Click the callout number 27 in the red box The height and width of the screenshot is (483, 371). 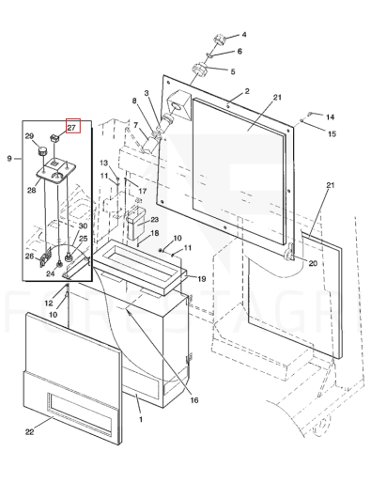[71, 128]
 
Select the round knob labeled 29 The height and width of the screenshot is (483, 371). [42, 151]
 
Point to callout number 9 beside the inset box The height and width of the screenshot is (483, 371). [9, 159]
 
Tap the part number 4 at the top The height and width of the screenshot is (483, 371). [244, 35]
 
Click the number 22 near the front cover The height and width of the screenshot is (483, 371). [29, 431]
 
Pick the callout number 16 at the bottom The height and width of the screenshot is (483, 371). [194, 400]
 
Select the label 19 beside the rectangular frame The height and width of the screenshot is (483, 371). [202, 278]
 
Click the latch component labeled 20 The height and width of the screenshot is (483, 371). [289, 253]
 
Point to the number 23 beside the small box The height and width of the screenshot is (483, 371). [155, 220]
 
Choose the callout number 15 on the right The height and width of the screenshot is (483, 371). [332, 133]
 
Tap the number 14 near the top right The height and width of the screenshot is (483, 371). [330, 117]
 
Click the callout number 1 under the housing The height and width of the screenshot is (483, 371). [141, 419]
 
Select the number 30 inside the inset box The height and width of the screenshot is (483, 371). [83, 226]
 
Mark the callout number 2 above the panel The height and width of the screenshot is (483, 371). [247, 91]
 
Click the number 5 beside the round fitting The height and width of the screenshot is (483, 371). [233, 71]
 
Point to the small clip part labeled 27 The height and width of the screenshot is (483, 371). [54, 137]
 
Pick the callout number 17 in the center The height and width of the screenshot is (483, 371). [143, 191]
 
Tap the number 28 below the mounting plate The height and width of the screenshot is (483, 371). [31, 190]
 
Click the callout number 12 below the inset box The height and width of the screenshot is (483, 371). [49, 303]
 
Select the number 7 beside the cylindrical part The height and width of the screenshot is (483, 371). [135, 125]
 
